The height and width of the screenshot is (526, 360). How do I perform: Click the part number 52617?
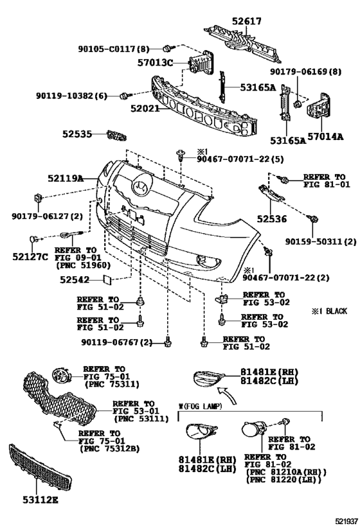[246, 21]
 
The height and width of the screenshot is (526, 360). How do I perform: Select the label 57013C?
[155, 62]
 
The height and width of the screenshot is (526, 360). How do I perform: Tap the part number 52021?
[145, 109]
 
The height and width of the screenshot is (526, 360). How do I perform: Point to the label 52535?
[77, 134]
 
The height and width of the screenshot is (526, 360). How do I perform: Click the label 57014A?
[325, 137]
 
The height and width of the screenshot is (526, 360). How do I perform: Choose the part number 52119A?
[65, 179]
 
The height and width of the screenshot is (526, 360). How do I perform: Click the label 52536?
[272, 219]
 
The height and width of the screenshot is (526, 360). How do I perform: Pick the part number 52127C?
[30, 257]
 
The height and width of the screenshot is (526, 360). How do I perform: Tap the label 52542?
[75, 279]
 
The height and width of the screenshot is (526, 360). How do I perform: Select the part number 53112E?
[40, 500]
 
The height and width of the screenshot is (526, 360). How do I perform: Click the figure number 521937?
[347, 521]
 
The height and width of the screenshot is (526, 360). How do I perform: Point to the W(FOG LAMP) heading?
[200, 407]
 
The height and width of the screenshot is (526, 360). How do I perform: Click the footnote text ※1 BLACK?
[329, 311]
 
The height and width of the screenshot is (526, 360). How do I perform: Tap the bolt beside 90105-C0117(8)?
[167, 48]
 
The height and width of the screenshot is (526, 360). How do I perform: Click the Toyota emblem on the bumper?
[139, 187]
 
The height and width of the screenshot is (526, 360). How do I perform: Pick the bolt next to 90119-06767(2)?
[167, 343]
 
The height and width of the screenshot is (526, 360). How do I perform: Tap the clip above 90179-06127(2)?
[38, 198]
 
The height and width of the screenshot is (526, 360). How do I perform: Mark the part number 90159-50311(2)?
[321, 241]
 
